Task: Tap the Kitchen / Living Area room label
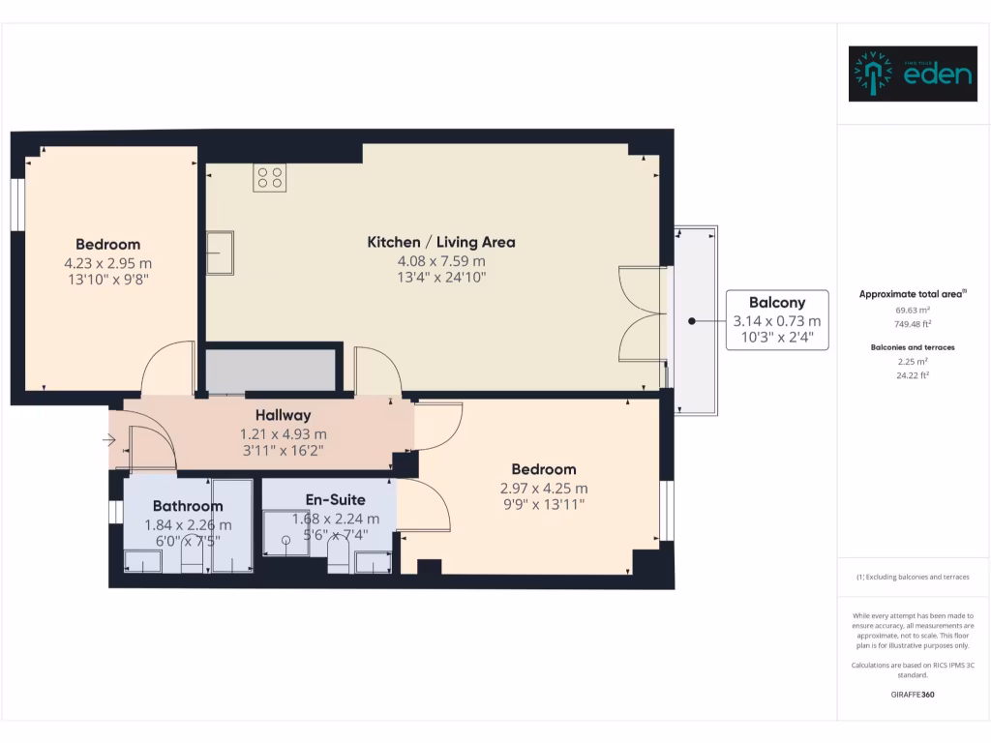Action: pyautogui.click(x=440, y=242)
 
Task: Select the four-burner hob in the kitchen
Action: pyautogui.click(x=270, y=178)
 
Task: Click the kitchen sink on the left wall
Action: pyautogui.click(x=220, y=253)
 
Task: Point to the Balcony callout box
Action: pyautogui.click(x=776, y=320)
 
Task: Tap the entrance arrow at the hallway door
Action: pyautogui.click(x=109, y=441)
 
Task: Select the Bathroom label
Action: pyautogui.click(x=188, y=506)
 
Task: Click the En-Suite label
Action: pyautogui.click(x=335, y=500)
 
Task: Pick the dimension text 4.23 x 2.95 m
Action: pyautogui.click(x=108, y=263)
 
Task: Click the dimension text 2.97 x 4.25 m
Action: pyautogui.click(x=543, y=489)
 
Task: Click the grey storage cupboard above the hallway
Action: pyautogui.click(x=271, y=371)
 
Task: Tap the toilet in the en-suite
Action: pyautogui.click(x=338, y=556)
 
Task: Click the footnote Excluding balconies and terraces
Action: pyautogui.click(x=914, y=577)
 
